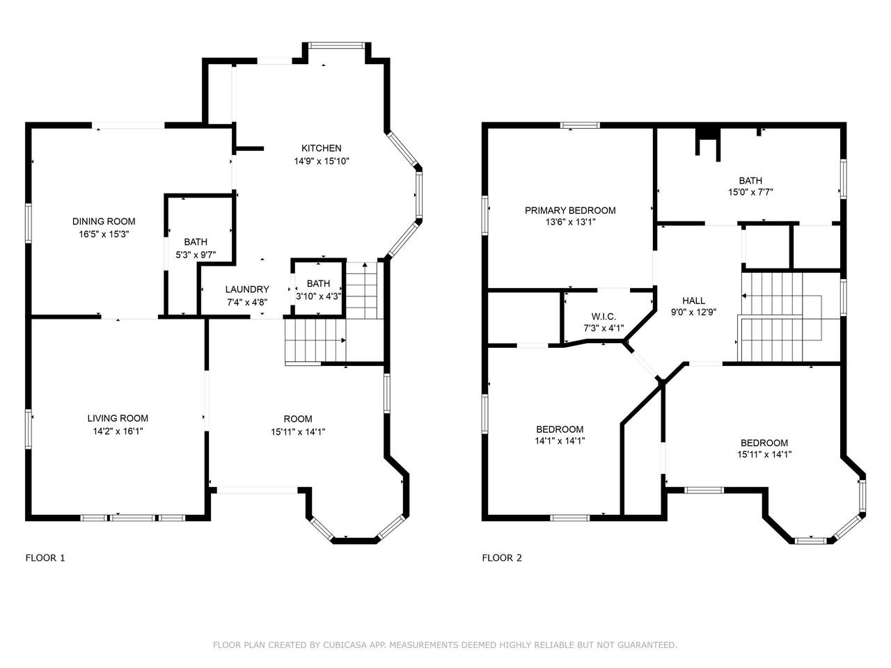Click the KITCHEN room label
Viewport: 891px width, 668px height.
(321, 148)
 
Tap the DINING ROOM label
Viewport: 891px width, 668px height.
(104, 221)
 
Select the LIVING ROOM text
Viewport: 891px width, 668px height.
(118, 418)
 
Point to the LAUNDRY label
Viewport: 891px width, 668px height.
(247, 289)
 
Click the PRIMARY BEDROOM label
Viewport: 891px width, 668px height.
(570, 211)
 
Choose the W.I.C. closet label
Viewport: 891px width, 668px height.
(604, 317)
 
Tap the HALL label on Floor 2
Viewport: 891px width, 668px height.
(694, 301)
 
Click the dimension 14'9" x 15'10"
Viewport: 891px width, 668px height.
(322, 161)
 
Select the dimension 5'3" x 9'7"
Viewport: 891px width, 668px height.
(196, 255)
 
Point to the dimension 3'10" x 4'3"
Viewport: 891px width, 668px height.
(319, 296)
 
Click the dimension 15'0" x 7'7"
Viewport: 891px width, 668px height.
(750, 192)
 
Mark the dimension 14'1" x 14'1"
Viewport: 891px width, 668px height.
(560, 441)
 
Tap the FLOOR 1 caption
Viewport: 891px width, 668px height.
(45, 558)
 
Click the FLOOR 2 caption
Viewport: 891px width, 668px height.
(502, 558)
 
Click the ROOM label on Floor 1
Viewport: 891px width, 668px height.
(298, 419)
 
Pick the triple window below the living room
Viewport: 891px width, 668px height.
(132, 518)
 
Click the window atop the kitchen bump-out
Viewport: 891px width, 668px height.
(336, 46)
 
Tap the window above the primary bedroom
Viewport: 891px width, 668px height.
(580, 125)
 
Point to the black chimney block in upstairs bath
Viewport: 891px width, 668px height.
(708, 134)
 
